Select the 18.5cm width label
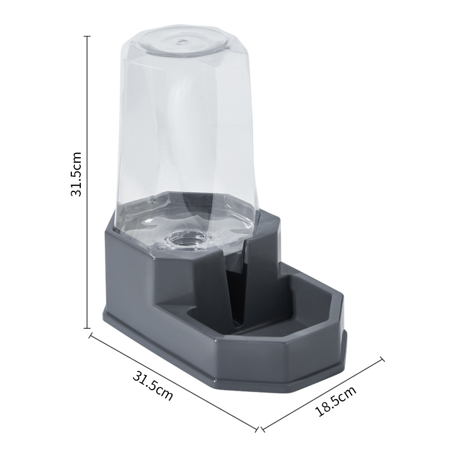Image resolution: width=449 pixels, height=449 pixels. pos(336,401)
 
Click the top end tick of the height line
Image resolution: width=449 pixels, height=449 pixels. pos(87,36)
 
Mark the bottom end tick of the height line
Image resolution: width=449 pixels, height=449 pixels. pos(87,328)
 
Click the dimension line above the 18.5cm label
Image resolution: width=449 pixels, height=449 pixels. pos(323,393)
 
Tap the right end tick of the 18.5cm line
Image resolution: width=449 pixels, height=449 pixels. pos(383,358)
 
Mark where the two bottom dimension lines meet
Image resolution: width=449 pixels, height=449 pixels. pos(259,429)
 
